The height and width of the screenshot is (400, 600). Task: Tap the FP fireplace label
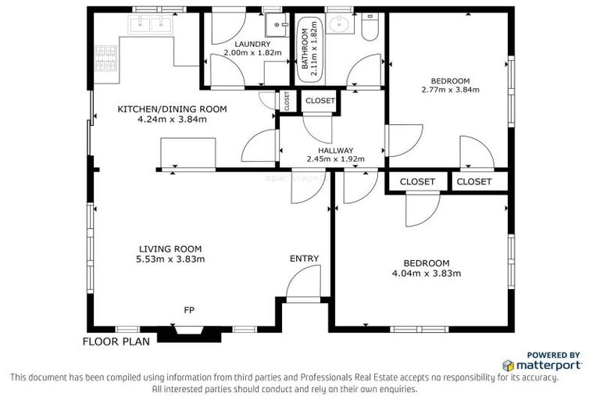pos(189,310)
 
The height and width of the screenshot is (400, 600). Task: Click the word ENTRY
pos(304,259)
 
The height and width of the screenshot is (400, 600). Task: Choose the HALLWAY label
pos(336,151)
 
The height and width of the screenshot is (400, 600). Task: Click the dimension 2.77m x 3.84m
pos(450,91)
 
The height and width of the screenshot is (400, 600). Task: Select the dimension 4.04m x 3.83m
pos(427,273)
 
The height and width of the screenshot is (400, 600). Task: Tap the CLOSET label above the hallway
pos(320,101)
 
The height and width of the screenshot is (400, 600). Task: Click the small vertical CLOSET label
pos(287,100)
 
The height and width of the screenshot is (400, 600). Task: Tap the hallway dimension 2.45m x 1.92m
pos(336,160)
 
